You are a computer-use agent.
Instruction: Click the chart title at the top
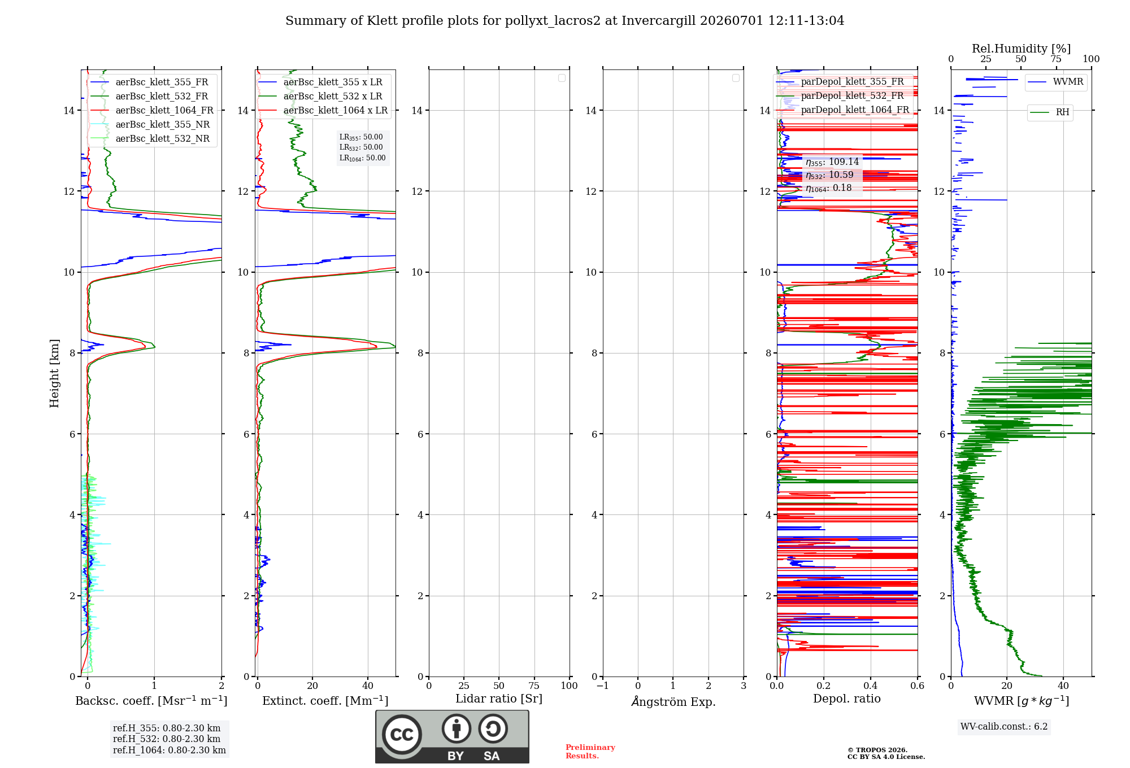click(564, 21)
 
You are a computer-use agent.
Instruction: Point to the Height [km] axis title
click(54, 373)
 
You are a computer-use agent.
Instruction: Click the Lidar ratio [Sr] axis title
click(499, 699)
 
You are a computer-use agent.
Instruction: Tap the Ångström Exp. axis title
click(673, 701)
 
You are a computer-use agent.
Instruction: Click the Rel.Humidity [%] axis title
click(1021, 49)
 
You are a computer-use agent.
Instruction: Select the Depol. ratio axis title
click(847, 699)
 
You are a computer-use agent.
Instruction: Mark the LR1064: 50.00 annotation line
click(362, 158)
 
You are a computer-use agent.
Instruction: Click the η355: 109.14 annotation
click(832, 162)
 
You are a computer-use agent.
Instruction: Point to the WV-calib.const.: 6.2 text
click(1004, 727)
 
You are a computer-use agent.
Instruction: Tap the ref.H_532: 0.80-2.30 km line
click(167, 739)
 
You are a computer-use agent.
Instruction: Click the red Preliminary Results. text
click(590, 752)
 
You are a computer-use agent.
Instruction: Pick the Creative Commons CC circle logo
click(402, 735)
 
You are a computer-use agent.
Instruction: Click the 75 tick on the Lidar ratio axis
click(534, 686)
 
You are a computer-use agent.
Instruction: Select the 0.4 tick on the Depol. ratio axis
click(871, 686)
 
